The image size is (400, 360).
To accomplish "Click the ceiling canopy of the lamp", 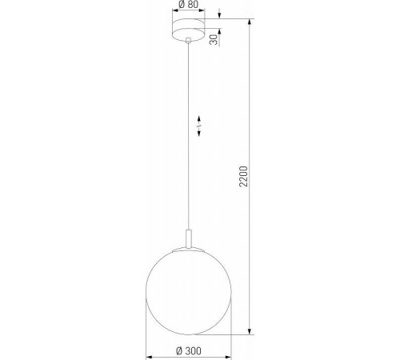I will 187,30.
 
